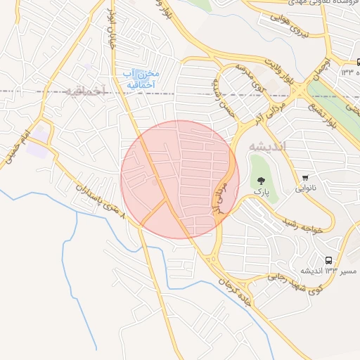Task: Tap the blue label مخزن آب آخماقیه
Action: click(x=141, y=79)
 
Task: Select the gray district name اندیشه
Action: click(x=264, y=146)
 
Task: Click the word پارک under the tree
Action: click(x=262, y=193)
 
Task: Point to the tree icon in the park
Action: click(x=262, y=181)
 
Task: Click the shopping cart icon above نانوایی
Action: click(x=305, y=177)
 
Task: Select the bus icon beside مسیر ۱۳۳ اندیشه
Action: click(x=329, y=260)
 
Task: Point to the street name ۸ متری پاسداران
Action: click(x=102, y=200)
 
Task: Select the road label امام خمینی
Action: click(x=18, y=148)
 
